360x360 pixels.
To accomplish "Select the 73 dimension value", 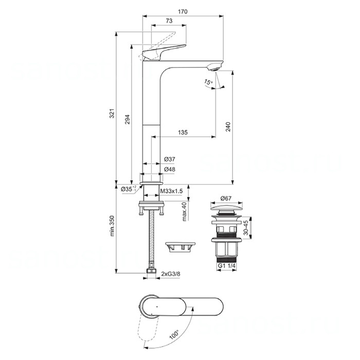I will (x=169, y=21).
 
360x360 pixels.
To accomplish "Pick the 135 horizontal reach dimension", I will (x=183, y=132).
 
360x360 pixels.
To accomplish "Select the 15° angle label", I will (x=207, y=82).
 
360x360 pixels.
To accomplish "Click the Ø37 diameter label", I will (x=169, y=159).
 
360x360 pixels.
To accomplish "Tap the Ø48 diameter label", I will (x=169, y=169).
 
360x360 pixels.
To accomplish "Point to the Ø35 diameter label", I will (x=126, y=189).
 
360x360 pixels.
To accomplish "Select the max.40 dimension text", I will (x=184, y=211).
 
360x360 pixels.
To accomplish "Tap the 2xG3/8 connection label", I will (x=171, y=274).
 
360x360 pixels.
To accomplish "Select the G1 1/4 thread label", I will (x=226, y=265).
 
